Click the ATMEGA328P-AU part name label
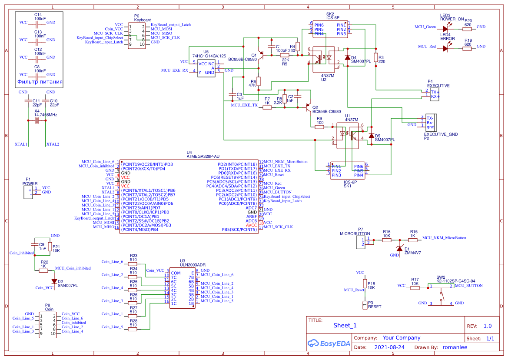click(x=203, y=156)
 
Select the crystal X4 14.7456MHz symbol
click(x=37, y=121)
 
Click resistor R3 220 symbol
click(x=375, y=58)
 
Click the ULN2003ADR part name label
click(x=193, y=264)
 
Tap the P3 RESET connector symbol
click(x=365, y=304)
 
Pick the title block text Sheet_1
click(x=345, y=325)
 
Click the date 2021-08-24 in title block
click(x=389, y=347)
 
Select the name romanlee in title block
click(x=455, y=347)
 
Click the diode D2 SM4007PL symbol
click(x=54, y=282)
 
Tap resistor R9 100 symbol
click(x=320, y=127)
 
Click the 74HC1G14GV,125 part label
click(x=209, y=56)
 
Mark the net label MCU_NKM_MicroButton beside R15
click(x=444, y=238)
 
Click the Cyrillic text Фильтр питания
click(x=40, y=82)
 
